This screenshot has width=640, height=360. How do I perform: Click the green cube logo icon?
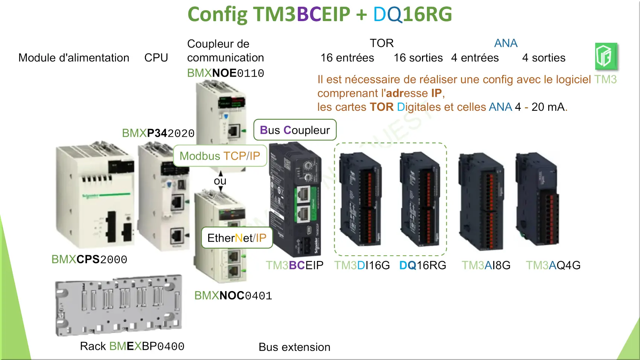(x=606, y=56)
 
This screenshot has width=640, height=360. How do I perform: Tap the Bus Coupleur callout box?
(x=295, y=130)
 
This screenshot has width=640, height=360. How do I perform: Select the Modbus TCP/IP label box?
(x=220, y=156)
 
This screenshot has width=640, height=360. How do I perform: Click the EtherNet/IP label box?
(x=237, y=238)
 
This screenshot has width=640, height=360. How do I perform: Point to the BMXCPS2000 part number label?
(x=89, y=259)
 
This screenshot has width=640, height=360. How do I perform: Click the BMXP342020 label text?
(x=158, y=133)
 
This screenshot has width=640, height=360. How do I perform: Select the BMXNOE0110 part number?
(x=226, y=73)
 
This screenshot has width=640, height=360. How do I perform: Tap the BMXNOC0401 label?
(x=233, y=296)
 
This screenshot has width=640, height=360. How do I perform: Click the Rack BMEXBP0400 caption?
(x=132, y=346)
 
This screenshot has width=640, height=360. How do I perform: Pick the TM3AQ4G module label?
(x=553, y=265)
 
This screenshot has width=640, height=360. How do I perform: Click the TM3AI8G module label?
(x=486, y=265)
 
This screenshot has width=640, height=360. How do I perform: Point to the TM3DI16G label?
(x=362, y=265)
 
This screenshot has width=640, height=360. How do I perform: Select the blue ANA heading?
(x=506, y=43)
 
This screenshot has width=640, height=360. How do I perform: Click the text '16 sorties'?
(x=418, y=58)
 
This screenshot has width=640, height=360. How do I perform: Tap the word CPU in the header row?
(x=156, y=58)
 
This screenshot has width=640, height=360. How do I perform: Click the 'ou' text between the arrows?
(x=220, y=181)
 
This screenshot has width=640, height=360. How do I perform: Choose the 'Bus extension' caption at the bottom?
(x=294, y=347)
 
